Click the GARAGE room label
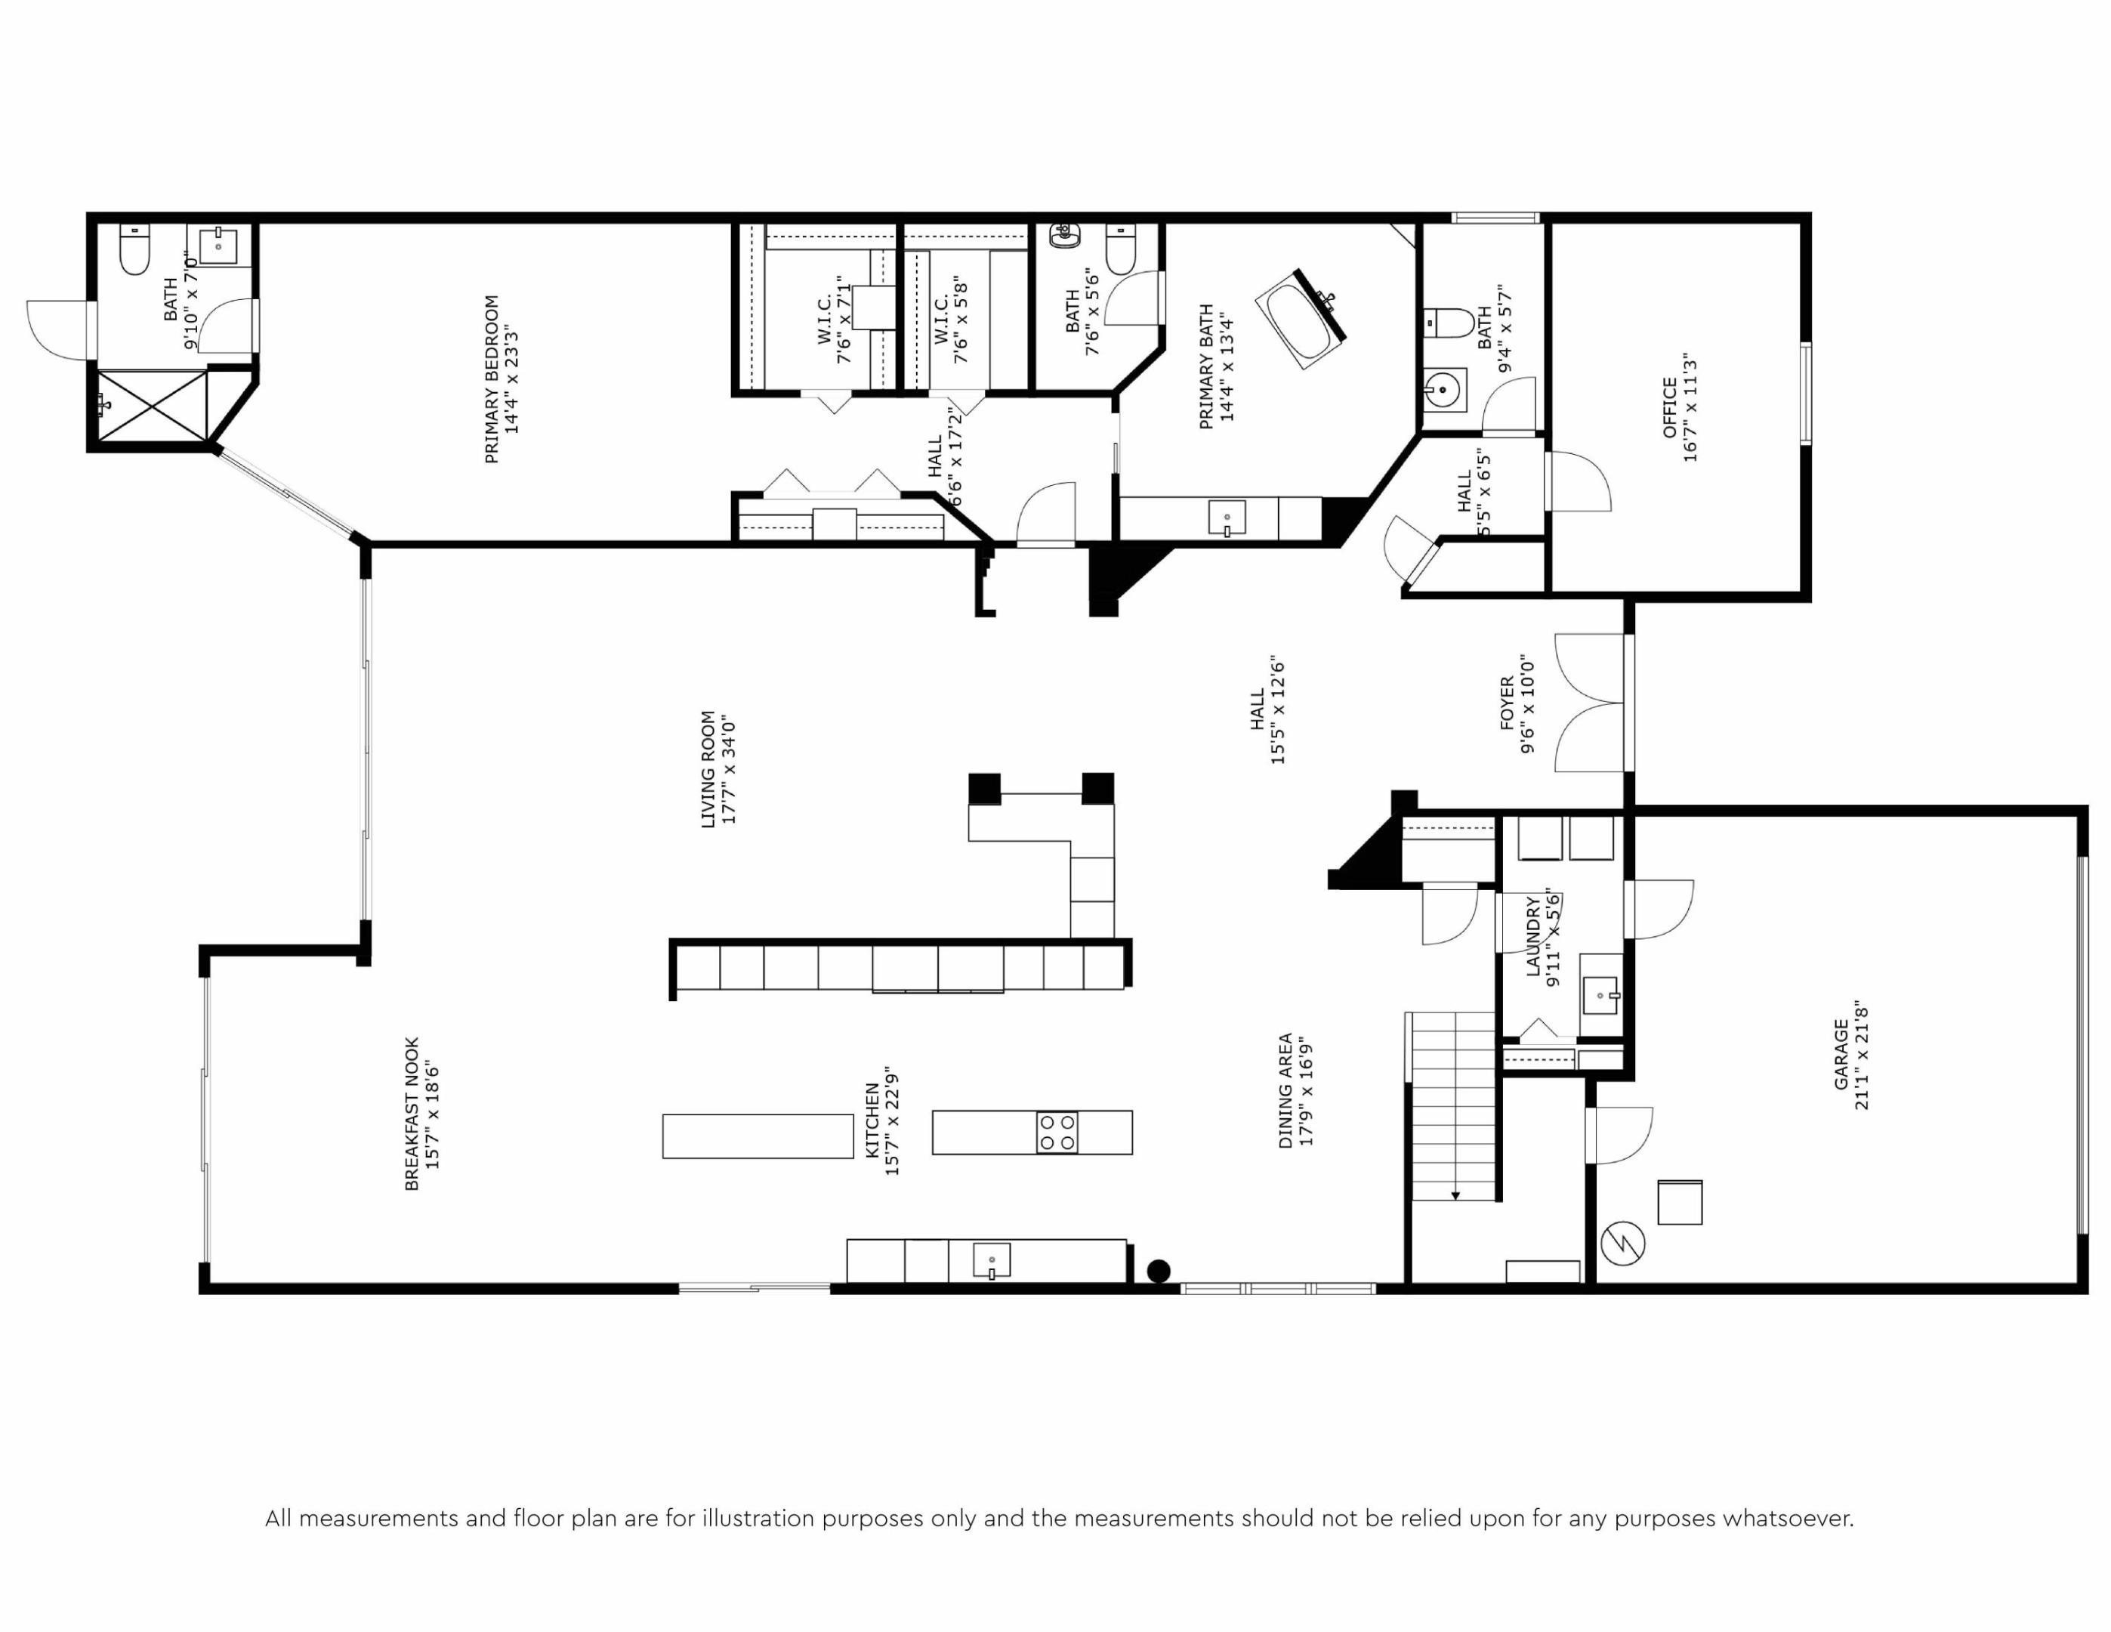tap(1841, 1055)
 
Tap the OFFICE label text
tap(1669, 407)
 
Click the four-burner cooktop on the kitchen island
tap(1057, 1132)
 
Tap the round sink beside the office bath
tap(1443, 391)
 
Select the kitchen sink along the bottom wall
tap(992, 1261)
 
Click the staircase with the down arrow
tap(1452, 1107)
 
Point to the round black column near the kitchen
tap(1158, 1272)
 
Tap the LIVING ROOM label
tap(708, 770)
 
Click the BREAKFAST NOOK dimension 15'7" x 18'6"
tap(433, 1114)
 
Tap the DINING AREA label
tap(1285, 1090)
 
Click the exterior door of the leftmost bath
tap(60, 329)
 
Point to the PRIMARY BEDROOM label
tap(491, 379)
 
